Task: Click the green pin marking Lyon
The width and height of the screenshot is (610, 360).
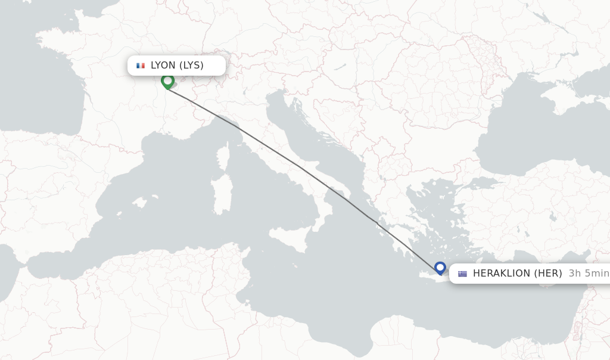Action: pyautogui.click(x=167, y=80)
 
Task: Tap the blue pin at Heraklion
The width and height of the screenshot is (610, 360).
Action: pyautogui.click(x=440, y=268)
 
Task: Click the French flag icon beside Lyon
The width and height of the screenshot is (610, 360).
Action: pyautogui.click(x=141, y=66)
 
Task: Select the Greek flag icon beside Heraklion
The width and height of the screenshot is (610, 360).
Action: pyautogui.click(x=462, y=274)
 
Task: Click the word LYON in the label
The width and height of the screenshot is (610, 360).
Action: pyautogui.click(x=163, y=66)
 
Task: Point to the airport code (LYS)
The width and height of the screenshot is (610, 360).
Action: pyautogui.click(x=191, y=66)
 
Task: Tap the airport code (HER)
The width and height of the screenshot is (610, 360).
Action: pyautogui.click(x=547, y=274)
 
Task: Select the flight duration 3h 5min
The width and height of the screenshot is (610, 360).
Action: pyautogui.click(x=589, y=274)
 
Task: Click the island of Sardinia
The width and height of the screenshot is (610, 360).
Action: pyautogui.click(x=222, y=194)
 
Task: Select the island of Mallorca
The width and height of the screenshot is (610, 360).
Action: pyautogui.click(x=139, y=203)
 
